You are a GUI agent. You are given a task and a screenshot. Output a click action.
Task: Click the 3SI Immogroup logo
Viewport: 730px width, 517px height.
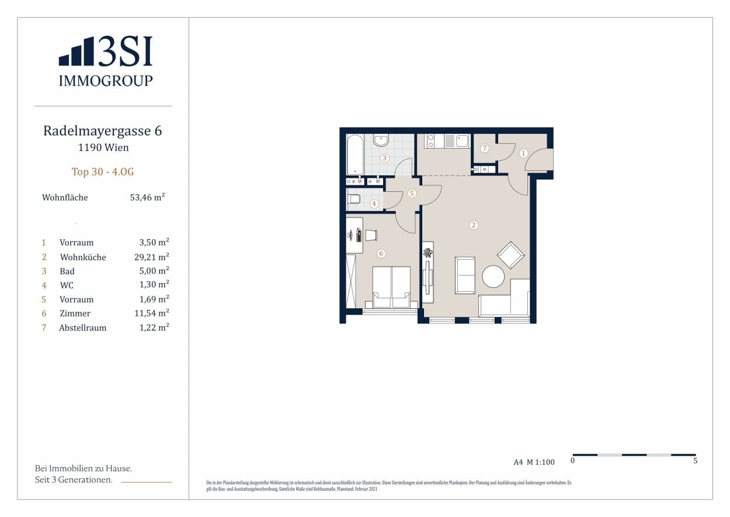[106, 61]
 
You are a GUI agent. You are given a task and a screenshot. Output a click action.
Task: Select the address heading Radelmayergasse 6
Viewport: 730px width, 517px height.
[103, 130]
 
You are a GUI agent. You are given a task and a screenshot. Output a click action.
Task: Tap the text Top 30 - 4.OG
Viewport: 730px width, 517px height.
[103, 172]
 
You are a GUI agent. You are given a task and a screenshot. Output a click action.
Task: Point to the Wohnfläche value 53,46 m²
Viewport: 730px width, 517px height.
[147, 197]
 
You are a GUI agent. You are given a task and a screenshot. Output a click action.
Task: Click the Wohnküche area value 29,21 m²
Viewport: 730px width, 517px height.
[151, 257]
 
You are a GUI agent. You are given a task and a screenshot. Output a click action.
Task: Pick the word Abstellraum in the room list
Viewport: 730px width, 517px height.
[83, 328]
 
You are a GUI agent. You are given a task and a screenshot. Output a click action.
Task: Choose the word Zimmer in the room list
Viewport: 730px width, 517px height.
[75, 313]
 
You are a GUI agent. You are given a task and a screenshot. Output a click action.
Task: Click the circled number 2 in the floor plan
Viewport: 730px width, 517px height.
[474, 225]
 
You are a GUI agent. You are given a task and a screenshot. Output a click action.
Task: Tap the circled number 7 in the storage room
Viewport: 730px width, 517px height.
[485, 148]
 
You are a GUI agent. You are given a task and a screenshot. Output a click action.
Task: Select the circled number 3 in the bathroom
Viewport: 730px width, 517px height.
[384, 158]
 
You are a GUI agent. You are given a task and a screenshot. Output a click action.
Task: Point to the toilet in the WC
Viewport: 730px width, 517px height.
[354, 198]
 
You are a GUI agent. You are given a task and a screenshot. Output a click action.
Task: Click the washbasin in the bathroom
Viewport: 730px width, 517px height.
[381, 140]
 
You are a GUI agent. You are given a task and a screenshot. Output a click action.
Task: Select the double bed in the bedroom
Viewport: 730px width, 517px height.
[391, 287]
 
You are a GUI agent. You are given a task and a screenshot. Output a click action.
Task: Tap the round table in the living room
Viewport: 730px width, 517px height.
[493, 277]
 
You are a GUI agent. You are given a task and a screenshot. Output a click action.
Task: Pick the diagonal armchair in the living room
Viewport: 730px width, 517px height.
[510, 255]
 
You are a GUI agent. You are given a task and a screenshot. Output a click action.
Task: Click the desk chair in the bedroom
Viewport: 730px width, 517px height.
[371, 235]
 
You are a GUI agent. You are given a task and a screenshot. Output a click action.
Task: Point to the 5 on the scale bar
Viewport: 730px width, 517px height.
[695, 460]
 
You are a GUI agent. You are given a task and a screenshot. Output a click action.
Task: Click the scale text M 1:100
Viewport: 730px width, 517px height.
[541, 462]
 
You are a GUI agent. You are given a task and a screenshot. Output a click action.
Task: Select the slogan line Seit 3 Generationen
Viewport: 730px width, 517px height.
[74, 480]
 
